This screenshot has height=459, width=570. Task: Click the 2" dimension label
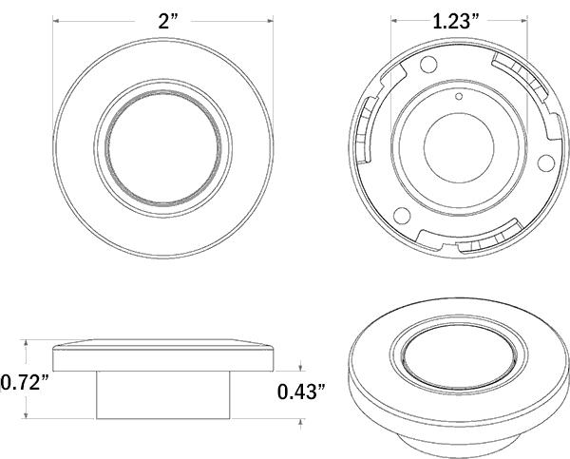[168, 22]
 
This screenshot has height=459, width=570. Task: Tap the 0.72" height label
[25, 383]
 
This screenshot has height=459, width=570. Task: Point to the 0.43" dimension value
[301, 392]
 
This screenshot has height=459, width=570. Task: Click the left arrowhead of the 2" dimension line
[56, 21]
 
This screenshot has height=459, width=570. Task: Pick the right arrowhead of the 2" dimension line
[270, 21]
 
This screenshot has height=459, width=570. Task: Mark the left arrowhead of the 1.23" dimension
[394, 21]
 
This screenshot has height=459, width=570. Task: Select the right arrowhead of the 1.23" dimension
[524, 21]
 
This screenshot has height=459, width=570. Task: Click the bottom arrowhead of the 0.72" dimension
[26, 415]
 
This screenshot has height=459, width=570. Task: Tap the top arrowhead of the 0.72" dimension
[26, 343]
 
